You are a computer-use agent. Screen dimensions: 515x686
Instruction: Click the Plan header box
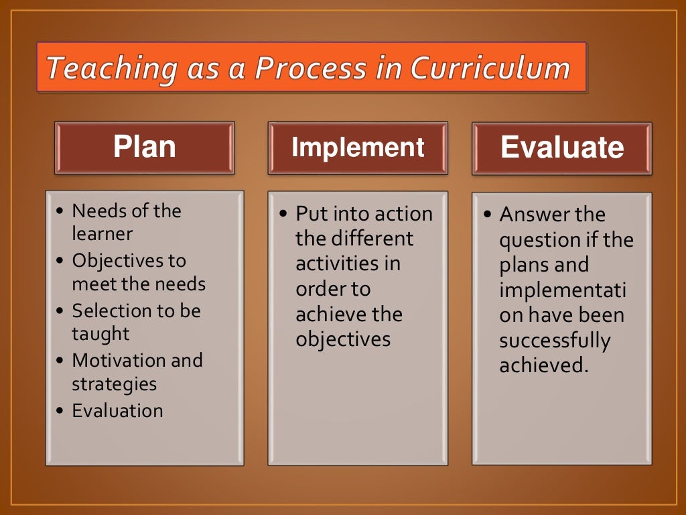[144, 148]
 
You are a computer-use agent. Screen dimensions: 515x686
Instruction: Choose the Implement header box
[358, 148]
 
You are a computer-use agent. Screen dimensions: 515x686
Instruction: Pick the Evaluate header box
[561, 148]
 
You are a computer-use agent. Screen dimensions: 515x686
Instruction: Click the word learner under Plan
[102, 234]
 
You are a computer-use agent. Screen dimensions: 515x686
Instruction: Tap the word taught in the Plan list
[100, 334]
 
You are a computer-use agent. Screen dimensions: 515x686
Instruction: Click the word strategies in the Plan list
[114, 384]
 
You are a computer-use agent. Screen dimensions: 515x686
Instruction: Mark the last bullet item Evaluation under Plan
[117, 410]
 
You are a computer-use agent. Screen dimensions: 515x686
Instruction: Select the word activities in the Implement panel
[338, 264]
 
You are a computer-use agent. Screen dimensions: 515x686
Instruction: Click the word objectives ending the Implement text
[343, 339]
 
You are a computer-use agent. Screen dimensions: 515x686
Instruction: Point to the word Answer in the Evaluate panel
[533, 215]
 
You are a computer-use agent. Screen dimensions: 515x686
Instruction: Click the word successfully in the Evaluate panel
[555, 341]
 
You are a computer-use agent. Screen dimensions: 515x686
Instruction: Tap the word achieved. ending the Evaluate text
[543, 365]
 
